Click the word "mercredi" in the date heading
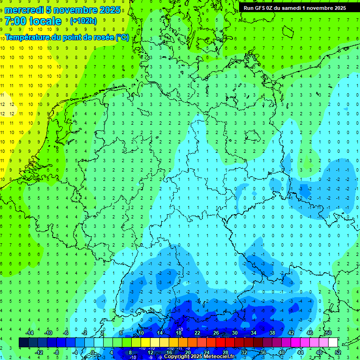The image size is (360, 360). [24, 10]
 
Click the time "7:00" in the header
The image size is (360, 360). [15, 21]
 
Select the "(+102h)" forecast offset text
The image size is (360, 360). [83, 21]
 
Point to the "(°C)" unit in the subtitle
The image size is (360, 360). [123, 37]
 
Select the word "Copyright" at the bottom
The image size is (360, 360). [177, 357]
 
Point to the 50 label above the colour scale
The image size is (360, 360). [328, 333]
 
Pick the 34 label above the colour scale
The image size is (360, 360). [253, 333]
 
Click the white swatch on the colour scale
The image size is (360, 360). [333, 343]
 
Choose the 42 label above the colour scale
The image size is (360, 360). [291, 333]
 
